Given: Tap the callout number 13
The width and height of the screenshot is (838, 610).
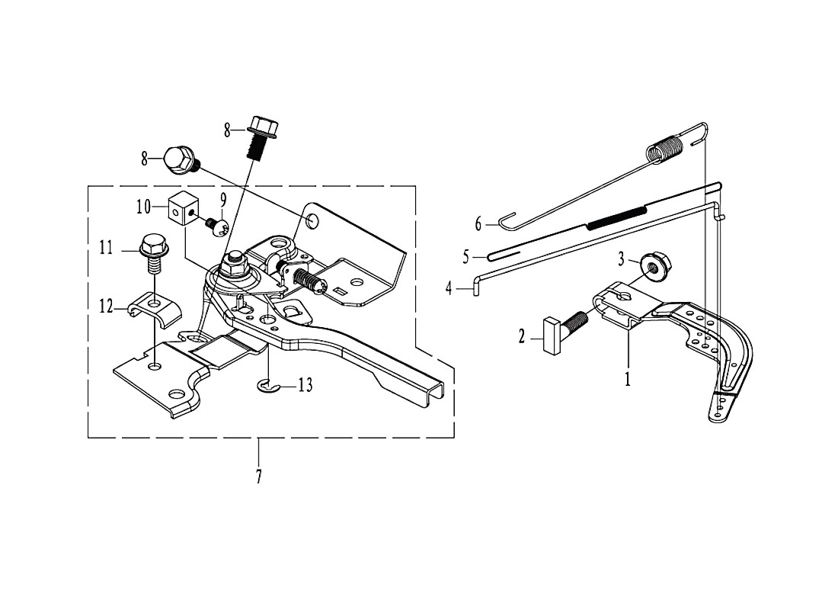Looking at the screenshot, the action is point(305,385).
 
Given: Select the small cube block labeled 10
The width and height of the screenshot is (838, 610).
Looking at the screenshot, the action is point(184,209).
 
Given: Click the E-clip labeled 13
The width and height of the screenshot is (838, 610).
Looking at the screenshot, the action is point(265,385).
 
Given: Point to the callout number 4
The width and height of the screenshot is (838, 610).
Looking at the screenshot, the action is point(449,289).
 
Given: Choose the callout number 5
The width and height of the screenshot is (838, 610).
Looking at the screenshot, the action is point(466,258).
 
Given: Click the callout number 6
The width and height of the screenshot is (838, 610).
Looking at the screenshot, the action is point(478,223).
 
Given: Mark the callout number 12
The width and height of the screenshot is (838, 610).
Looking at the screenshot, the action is point(106,307).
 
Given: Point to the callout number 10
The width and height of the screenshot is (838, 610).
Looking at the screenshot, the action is point(143,207).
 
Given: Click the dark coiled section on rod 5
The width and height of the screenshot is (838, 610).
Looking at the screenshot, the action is point(617,217).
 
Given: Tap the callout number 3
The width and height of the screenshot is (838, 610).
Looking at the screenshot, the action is point(621,259).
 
